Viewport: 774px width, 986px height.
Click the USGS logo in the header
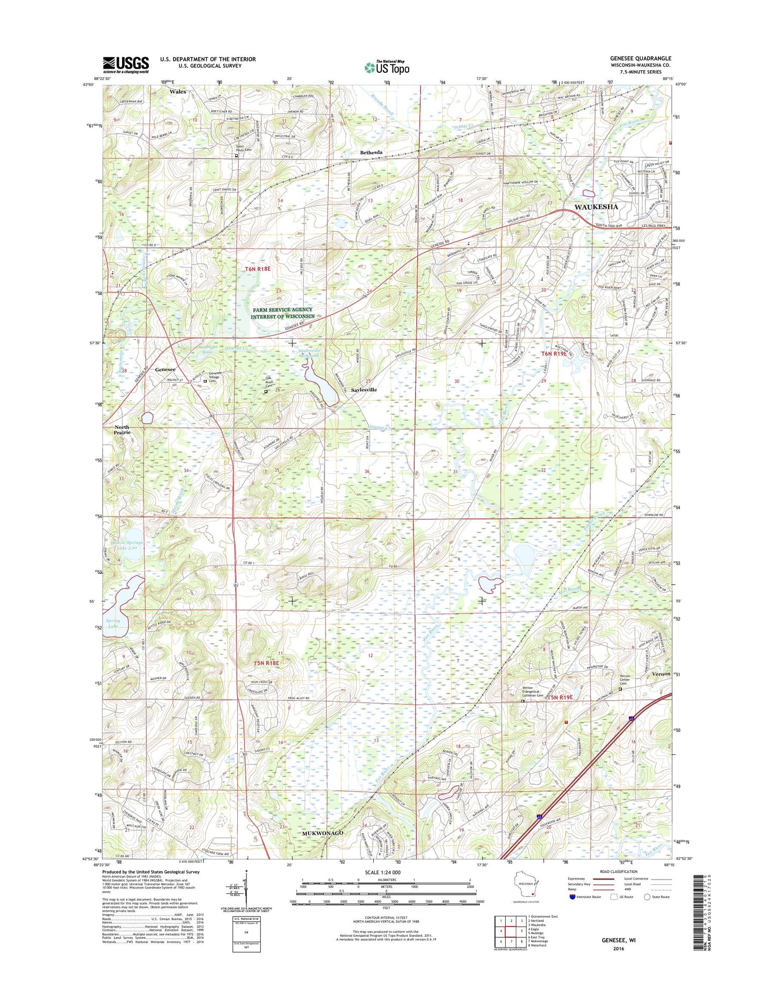pyautogui.click(x=126, y=65)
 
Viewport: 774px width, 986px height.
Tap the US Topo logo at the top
pyautogui.click(x=387, y=67)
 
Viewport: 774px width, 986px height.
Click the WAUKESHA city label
pyautogui.click(x=596, y=207)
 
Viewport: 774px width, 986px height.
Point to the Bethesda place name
pyautogui.click(x=371, y=153)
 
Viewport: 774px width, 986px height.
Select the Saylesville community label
pyautogui.click(x=364, y=390)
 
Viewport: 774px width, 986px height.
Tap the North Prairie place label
pyautogui.click(x=122, y=429)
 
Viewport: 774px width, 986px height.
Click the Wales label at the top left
pyautogui.click(x=178, y=92)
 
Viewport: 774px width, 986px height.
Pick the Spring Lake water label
pyautogui.click(x=113, y=624)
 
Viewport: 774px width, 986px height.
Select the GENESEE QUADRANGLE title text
pyautogui.click(x=640, y=58)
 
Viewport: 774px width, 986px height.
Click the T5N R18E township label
pyautogui.click(x=267, y=663)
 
